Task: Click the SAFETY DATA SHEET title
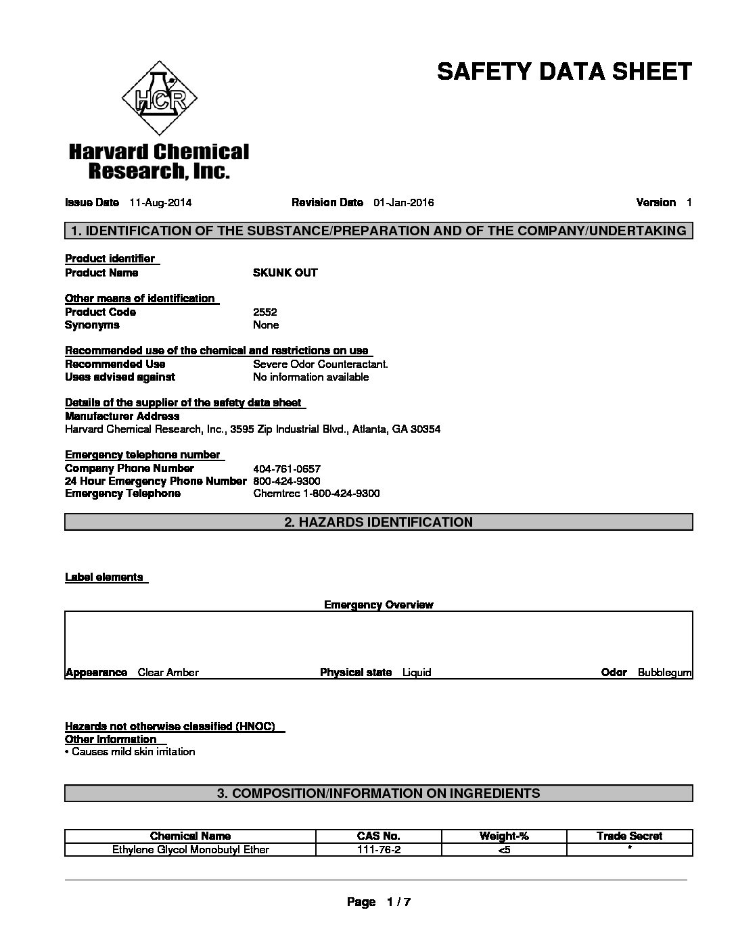(x=564, y=71)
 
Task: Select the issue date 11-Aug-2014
(x=156, y=202)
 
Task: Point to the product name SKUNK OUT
(x=285, y=272)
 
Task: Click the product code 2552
(x=264, y=312)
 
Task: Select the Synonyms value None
(x=266, y=325)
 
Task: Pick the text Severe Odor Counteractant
(x=321, y=364)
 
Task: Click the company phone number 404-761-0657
(x=286, y=469)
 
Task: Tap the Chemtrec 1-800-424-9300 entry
(x=316, y=494)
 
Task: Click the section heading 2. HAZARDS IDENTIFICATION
(x=378, y=522)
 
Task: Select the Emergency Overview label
(x=378, y=604)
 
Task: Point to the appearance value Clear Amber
(x=168, y=672)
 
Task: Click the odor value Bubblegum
(x=664, y=672)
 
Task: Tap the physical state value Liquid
(x=416, y=672)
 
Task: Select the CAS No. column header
(x=378, y=836)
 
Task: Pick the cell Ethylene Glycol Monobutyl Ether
(x=190, y=849)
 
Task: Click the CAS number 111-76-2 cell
(x=378, y=849)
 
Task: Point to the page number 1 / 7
(x=398, y=902)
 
